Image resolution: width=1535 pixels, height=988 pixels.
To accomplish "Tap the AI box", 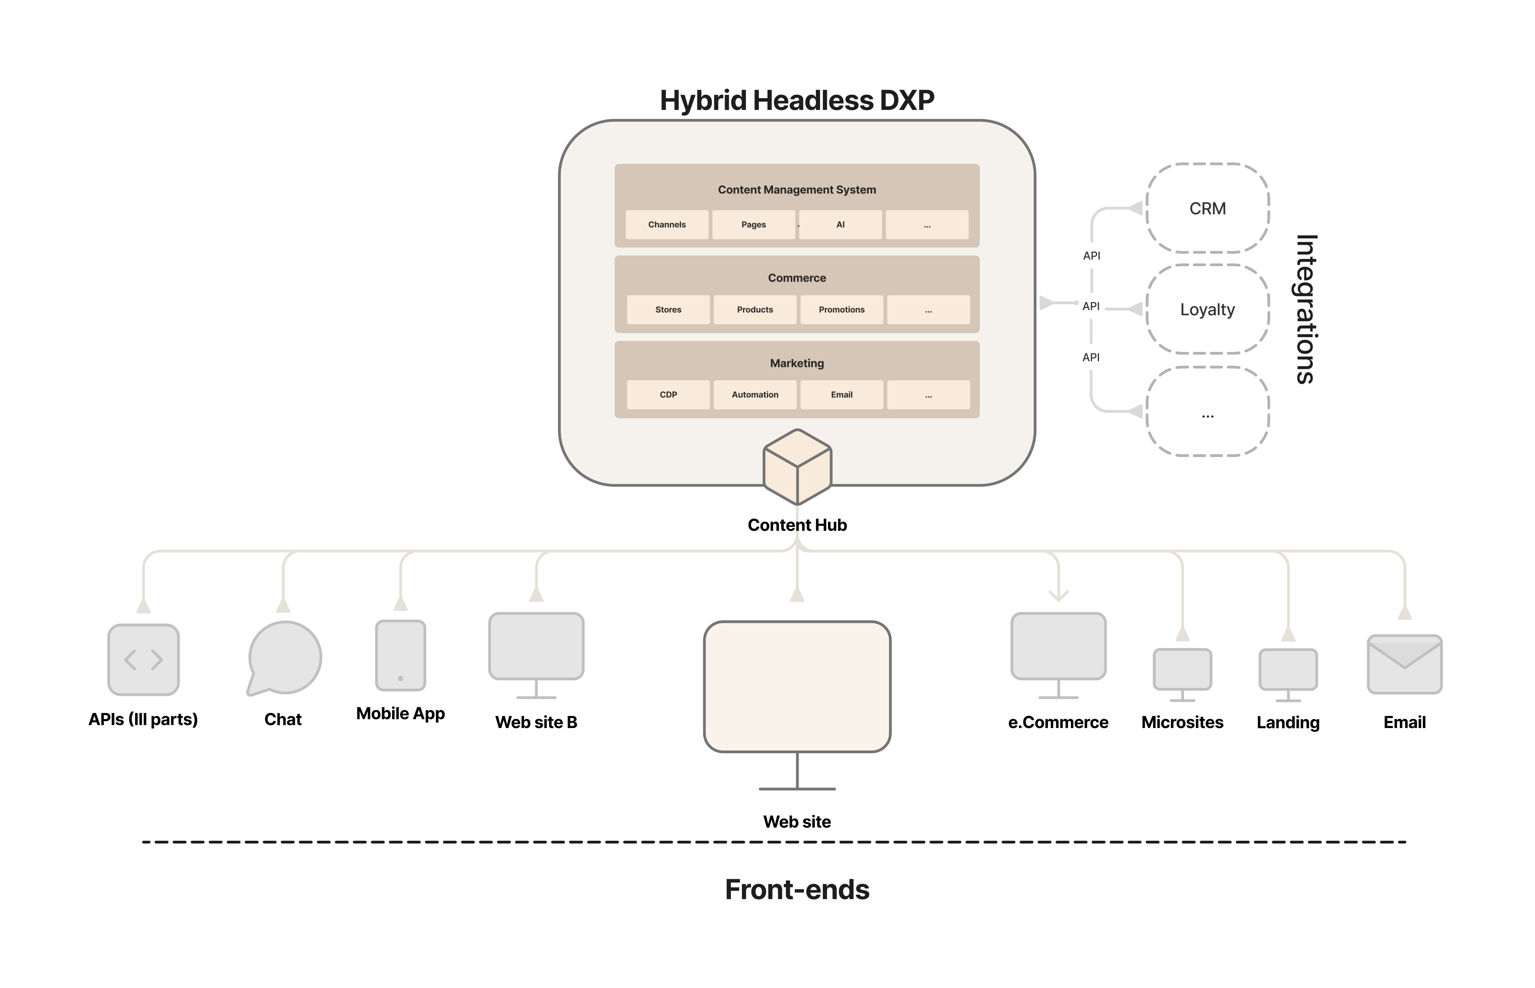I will [840, 225].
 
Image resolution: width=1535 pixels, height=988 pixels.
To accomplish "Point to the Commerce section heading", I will [797, 278].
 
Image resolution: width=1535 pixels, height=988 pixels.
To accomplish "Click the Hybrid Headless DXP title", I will [797, 100].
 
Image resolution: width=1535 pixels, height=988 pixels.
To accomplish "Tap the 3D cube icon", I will [797, 466].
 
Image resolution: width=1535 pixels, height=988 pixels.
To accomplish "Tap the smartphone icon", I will [400, 655].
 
